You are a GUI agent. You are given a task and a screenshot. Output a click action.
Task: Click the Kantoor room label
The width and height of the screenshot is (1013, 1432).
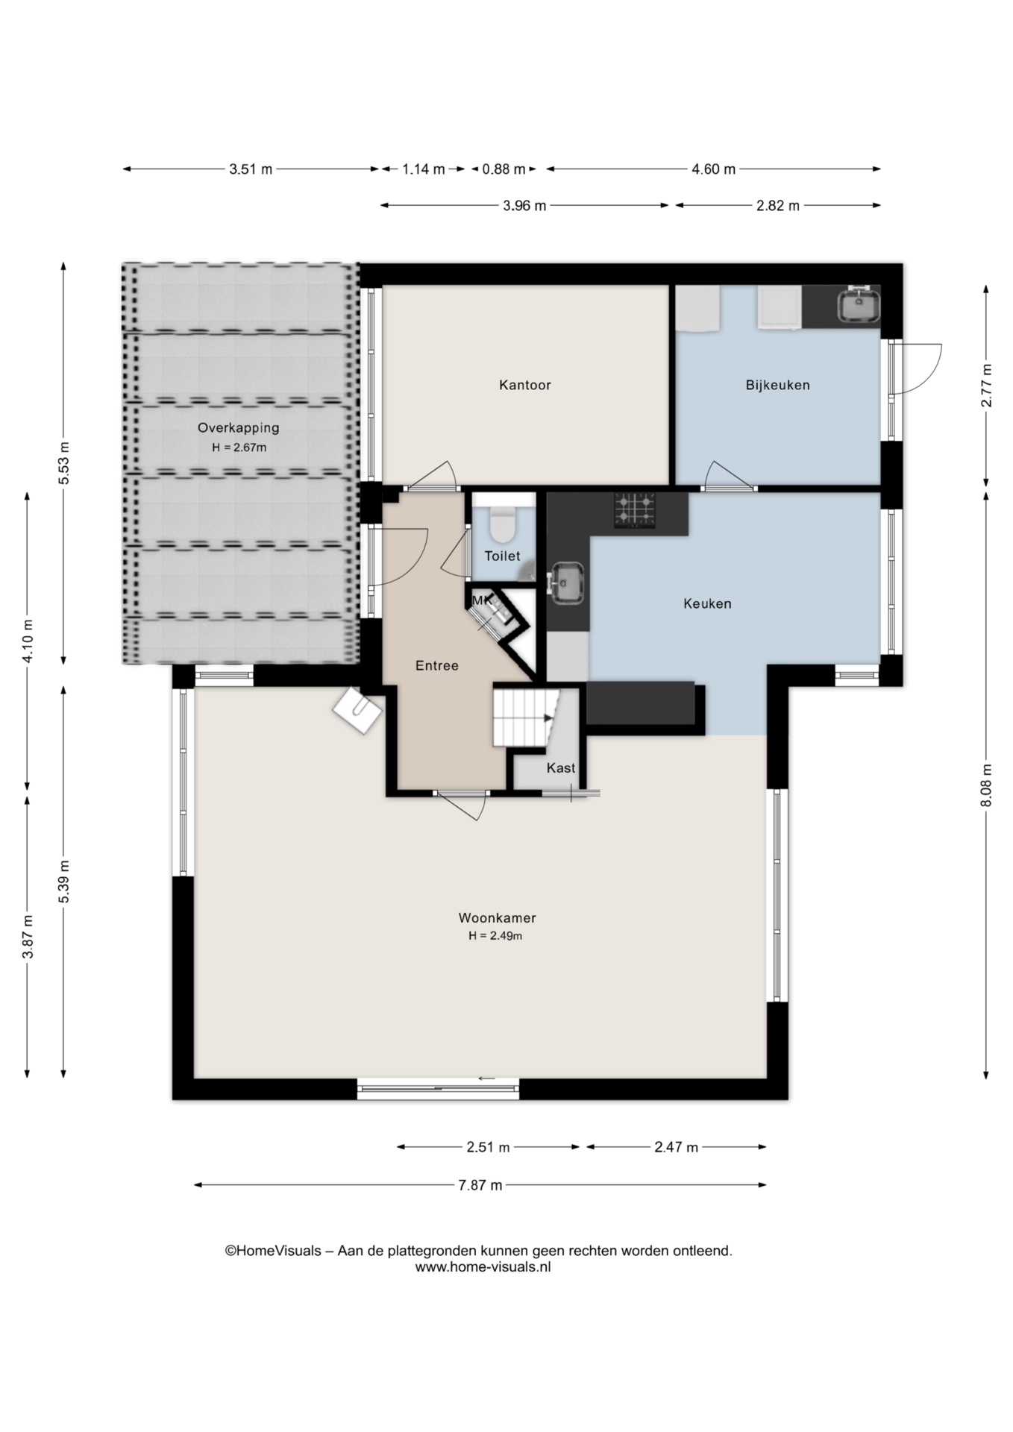(525, 386)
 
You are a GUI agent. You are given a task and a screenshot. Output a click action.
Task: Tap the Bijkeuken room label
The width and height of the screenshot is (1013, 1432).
(778, 386)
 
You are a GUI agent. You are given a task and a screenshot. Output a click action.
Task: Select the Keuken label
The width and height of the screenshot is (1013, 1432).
(707, 603)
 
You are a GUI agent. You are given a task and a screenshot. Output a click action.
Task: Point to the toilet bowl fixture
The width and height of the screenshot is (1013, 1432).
(503, 525)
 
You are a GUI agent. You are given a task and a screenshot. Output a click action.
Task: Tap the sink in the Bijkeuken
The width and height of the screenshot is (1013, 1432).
(859, 306)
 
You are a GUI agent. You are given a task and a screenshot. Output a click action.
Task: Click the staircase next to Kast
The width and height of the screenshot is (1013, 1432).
(525, 717)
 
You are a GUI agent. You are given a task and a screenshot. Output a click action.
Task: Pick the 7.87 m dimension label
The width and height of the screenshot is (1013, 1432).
(480, 1185)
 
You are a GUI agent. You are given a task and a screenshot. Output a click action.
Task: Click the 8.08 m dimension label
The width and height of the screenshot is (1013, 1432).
(986, 785)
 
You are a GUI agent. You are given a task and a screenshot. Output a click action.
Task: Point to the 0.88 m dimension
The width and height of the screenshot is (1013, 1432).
(504, 169)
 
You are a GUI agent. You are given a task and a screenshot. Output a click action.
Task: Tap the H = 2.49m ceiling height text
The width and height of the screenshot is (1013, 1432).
(495, 936)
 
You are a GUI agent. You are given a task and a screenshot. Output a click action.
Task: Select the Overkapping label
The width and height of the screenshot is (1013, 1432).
(238, 428)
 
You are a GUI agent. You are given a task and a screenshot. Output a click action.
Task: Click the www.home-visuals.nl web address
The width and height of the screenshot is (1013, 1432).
(483, 1266)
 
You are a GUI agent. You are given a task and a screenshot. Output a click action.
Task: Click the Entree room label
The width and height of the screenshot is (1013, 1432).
(437, 666)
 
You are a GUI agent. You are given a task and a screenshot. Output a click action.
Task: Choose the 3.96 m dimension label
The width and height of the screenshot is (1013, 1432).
(524, 206)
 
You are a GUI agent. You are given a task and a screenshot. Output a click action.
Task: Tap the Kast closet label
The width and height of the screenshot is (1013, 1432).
(561, 768)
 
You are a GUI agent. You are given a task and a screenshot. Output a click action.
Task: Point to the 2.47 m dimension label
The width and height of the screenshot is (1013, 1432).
(677, 1147)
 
